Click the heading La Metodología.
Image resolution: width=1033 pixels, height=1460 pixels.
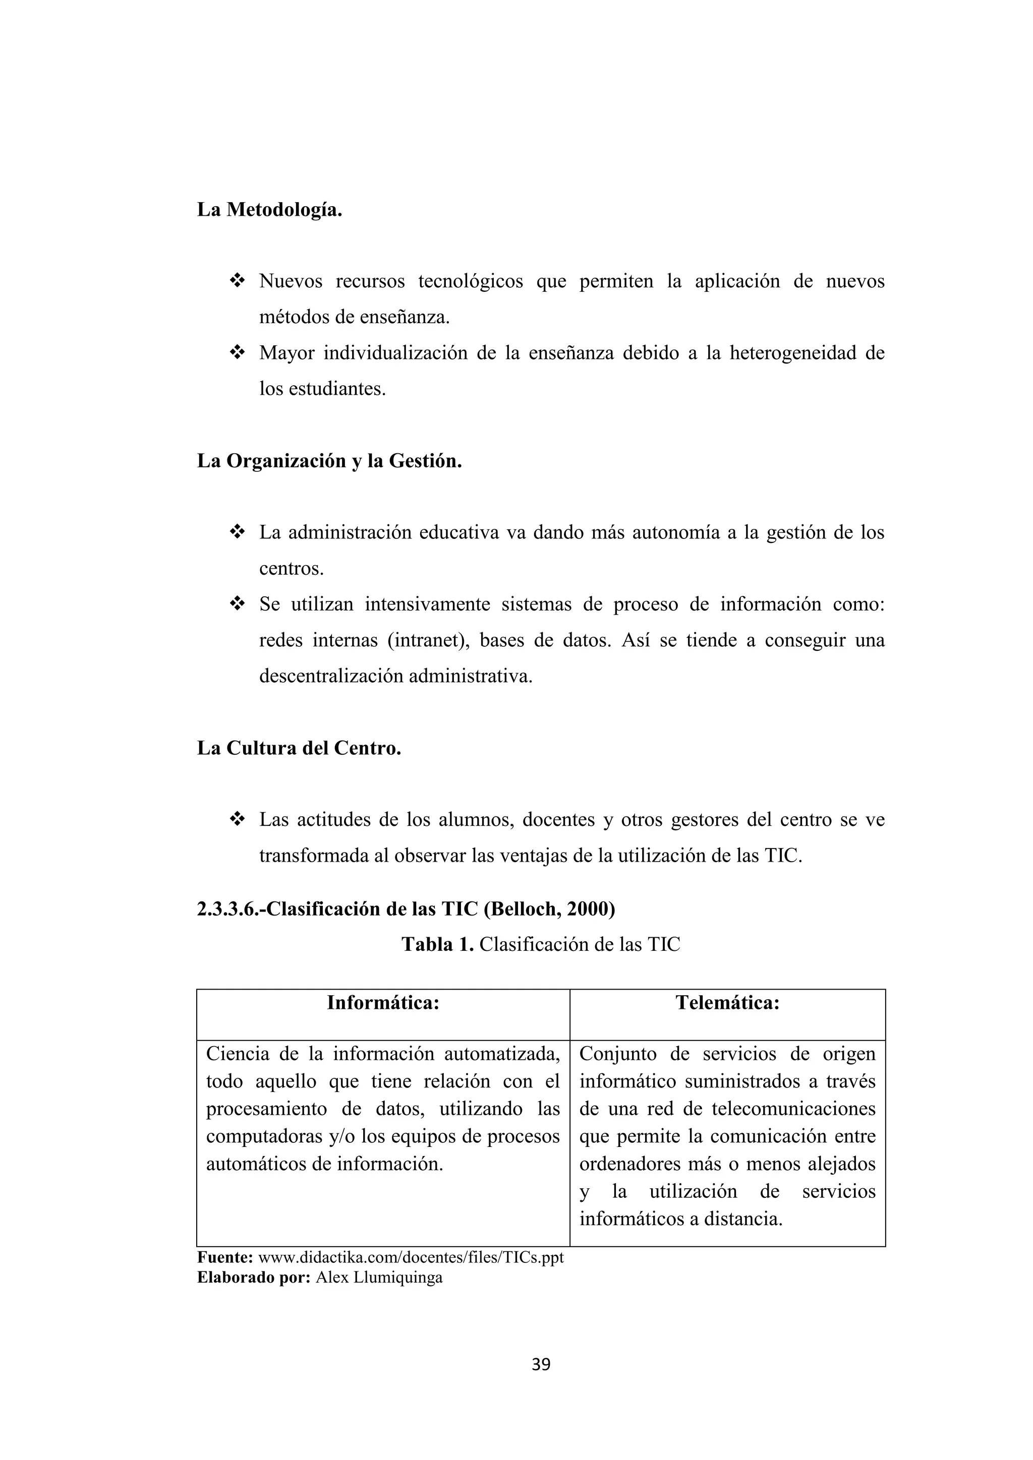(x=270, y=209)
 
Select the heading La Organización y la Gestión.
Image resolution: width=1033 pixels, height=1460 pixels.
(x=329, y=460)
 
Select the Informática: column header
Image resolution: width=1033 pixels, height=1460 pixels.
(x=383, y=1003)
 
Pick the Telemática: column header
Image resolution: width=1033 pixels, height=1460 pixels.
(x=727, y=1003)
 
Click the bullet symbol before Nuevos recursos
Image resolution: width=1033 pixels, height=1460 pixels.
(x=237, y=280)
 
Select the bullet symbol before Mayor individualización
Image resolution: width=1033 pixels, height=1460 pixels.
(x=237, y=352)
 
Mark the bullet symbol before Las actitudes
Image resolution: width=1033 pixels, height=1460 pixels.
(x=237, y=820)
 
